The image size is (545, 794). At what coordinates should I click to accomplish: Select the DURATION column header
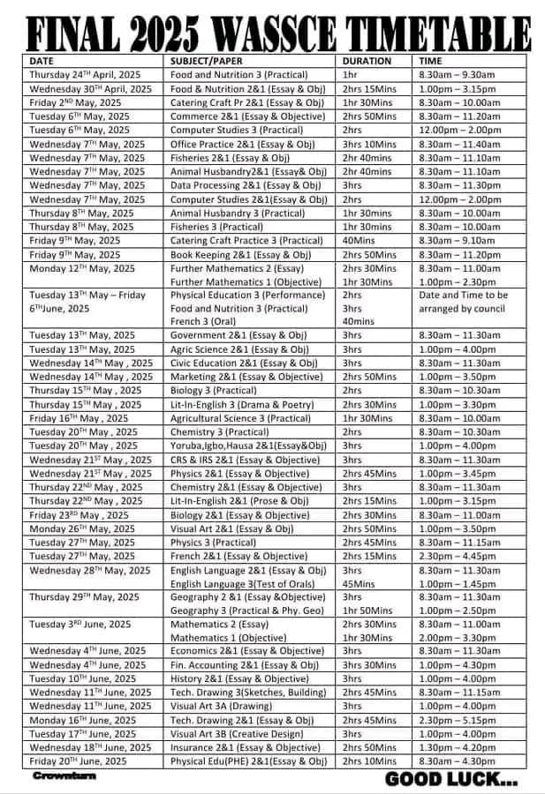point(366,61)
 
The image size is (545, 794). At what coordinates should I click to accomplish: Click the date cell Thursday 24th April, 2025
point(85,75)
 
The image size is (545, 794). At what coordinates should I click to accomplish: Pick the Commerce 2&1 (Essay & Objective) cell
point(247,116)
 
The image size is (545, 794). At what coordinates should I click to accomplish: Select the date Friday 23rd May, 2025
point(79,515)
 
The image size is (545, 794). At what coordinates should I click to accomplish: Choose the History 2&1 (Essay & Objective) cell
point(239,679)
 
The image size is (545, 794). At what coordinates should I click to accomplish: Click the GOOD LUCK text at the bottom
point(451,780)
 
